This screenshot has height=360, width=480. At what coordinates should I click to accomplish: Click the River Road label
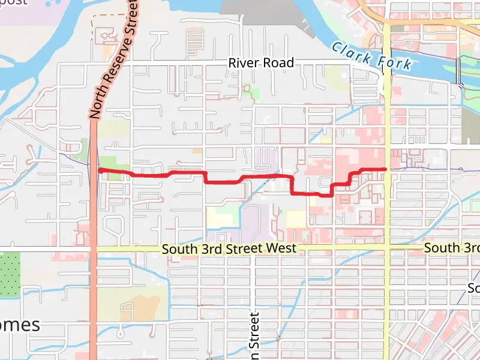(x=261, y=62)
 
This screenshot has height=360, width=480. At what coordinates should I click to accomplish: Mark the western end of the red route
(x=100, y=171)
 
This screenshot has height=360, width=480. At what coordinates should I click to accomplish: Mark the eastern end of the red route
(x=384, y=169)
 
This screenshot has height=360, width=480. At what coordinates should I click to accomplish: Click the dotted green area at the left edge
(x=10, y=274)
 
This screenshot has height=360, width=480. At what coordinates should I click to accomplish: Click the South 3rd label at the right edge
(x=451, y=248)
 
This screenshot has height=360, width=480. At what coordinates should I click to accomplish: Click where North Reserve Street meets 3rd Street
(x=94, y=248)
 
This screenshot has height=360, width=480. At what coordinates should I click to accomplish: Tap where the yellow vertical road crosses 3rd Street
(x=388, y=248)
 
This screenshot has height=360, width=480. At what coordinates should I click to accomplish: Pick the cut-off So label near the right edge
(x=473, y=289)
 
